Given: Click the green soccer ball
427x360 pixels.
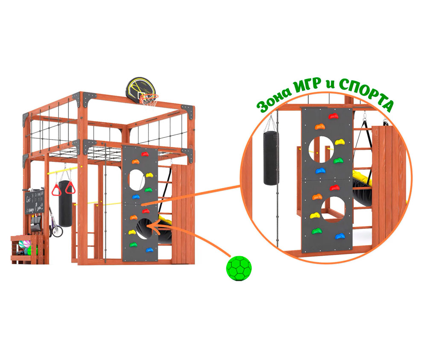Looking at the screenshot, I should (239, 268).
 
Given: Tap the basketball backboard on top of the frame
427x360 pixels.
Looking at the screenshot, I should (140, 88).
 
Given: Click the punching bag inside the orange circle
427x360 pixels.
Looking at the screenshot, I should (271, 158).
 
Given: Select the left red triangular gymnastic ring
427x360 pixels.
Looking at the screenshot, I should (56, 190).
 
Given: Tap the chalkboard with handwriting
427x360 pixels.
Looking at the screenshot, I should (34, 202).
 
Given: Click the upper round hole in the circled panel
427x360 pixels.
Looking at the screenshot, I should (323, 149).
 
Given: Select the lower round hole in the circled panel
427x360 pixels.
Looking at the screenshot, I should (333, 208).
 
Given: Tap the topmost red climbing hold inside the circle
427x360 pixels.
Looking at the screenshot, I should (333, 116).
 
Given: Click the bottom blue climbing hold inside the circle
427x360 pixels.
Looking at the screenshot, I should (340, 235).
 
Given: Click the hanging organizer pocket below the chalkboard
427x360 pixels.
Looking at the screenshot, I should (36, 223).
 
